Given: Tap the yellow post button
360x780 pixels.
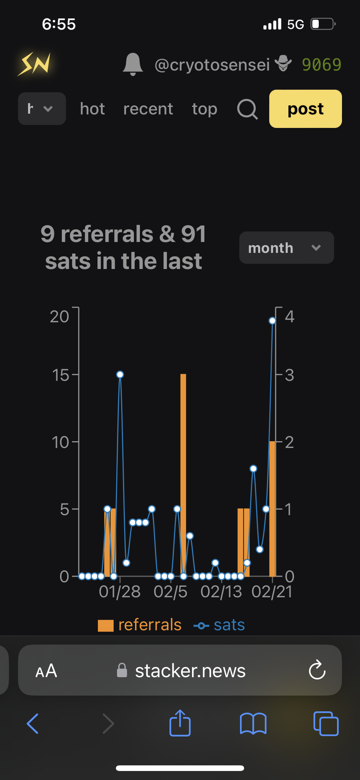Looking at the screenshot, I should coord(305,109).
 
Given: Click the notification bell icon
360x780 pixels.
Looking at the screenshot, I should coord(133,64).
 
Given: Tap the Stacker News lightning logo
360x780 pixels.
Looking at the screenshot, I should coord(34,64).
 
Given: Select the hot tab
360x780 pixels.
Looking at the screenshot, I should coord(92,109).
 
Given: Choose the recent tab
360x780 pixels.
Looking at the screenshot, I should coord(148,109).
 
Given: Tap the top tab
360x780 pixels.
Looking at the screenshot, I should coord(204,109).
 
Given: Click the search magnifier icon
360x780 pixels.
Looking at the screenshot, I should coord(247,109).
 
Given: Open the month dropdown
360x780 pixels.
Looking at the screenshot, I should coord(286,248).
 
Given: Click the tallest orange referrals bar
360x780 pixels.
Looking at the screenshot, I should coord(183,475).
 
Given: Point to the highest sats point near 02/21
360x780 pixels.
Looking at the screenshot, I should coord(272,321).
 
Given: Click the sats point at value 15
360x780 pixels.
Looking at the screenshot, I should coord(120,374).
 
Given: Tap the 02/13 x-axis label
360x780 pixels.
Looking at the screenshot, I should coord(221,592).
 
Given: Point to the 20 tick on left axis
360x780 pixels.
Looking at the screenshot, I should coord(60,317).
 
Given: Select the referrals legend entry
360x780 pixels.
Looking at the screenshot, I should coord(140,625).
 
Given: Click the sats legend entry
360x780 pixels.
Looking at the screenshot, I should coord(219,625).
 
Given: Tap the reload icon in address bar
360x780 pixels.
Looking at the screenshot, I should coord(317,670).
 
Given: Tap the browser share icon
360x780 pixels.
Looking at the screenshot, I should coord(180,723).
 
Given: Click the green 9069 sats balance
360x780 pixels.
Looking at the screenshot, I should coord(321,65).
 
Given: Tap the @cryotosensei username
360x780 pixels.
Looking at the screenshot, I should coord(212,65).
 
